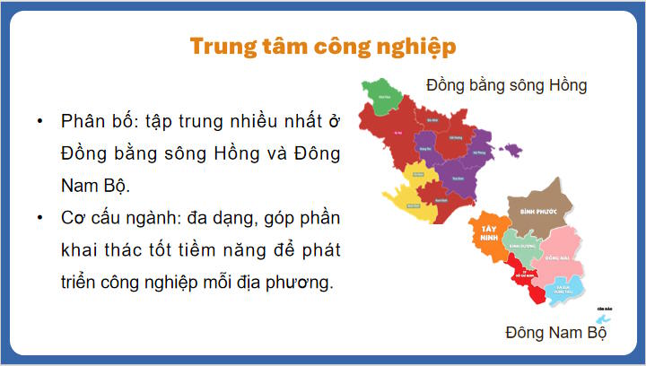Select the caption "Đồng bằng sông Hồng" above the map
pyautogui.click(x=506, y=86)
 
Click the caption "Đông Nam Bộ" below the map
pyautogui.click(x=555, y=333)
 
